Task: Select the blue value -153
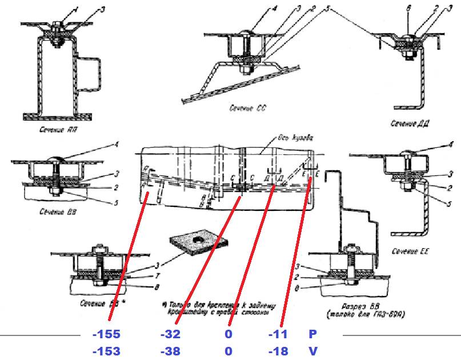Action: [106, 351]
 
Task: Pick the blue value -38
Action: [171, 351]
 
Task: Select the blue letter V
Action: [312, 351]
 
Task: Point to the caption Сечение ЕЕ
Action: [410, 250]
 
